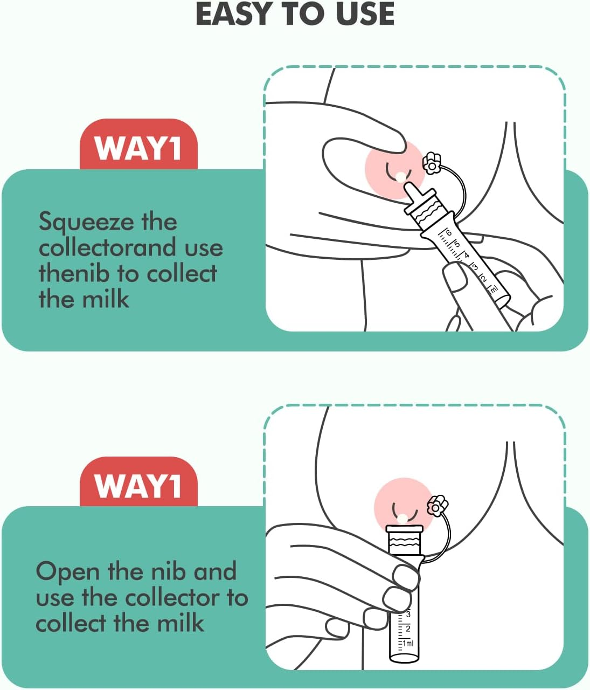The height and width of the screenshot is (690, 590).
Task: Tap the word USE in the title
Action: tap(365, 14)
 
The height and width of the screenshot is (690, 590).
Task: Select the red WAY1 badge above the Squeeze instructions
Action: tap(138, 147)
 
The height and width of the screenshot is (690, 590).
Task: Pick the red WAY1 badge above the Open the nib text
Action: tap(138, 485)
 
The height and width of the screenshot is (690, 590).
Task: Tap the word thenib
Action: tap(74, 273)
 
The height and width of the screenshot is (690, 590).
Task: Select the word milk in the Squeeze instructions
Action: tap(106, 299)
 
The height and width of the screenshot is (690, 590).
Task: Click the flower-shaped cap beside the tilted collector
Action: tap(432, 163)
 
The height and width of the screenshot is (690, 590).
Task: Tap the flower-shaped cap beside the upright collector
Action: tap(437, 506)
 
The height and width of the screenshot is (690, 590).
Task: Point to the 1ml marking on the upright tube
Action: tap(408, 643)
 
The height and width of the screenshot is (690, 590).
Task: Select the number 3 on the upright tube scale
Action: tap(408, 614)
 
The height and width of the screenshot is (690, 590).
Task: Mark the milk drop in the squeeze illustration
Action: tap(400, 176)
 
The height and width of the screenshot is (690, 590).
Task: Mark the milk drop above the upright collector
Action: tap(403, 519)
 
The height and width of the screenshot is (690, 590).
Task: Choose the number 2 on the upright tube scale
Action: tap(408, 629)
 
